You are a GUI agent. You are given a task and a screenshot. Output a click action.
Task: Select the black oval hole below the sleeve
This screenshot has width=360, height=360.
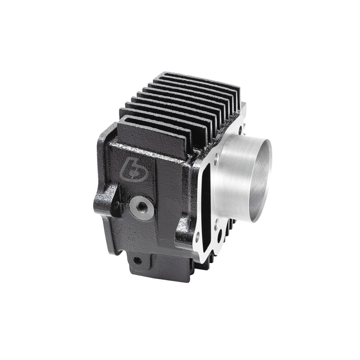tap(220, 236)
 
